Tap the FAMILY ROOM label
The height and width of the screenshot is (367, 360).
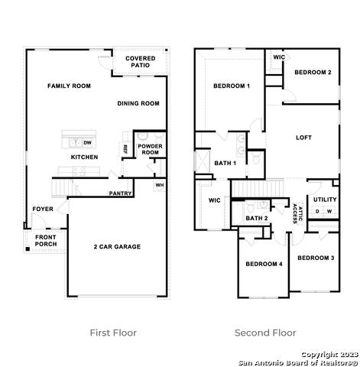click(x=69, y=86)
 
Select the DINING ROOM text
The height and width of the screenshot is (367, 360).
click(x=138, y=103)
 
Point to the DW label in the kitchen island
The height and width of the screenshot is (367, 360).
click(x=87, y=142)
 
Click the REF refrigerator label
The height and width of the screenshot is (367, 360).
click(x=125, y=149)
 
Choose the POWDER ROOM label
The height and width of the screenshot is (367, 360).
click(x=149, y=148)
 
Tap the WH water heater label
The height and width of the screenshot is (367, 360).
click(x=159, y=184)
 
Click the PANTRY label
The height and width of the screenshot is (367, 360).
click(x=121, y=193)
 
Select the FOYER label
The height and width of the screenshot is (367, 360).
click(x=42, y=209)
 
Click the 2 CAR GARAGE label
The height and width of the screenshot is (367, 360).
click(x=117, y=246)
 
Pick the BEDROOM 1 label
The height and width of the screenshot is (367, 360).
click(x=232, y=86)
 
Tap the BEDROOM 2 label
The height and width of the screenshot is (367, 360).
click(x=313, y=72)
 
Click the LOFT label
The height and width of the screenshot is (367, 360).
click(x=304, y=138)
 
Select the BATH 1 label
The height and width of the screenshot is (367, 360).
click(x=225, y=163)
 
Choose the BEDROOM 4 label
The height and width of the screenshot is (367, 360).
click(x=264, y=264)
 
